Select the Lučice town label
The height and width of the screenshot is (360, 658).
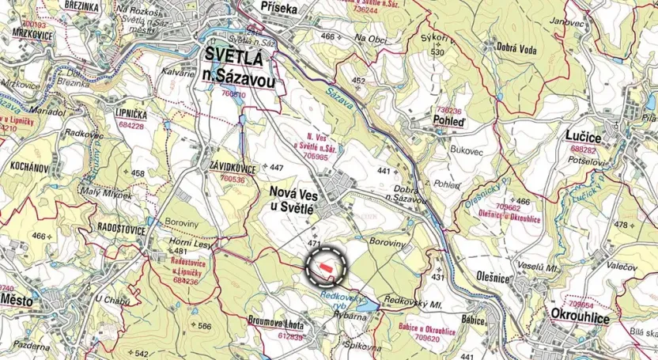point(583,137)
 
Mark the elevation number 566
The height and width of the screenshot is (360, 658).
point(204,326)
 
